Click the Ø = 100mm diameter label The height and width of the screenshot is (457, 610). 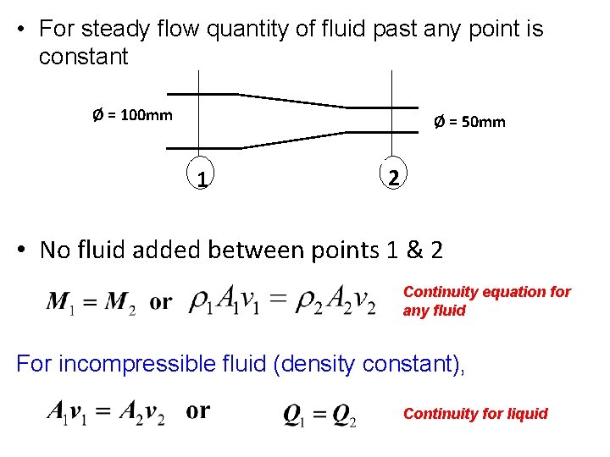pos(131,114)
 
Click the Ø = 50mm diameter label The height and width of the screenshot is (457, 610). pos(469,122)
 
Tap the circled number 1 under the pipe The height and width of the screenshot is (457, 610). pos(201,179)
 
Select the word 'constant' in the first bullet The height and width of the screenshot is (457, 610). pos(83,58)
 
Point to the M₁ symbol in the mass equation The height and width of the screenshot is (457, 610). pos(60,302)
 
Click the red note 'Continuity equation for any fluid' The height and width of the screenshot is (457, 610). pos(486,300)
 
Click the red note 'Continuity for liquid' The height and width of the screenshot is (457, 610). pos(475,414)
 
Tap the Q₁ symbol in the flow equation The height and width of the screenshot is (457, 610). pos(293,416)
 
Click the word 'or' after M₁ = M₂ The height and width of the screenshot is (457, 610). pos(161,302)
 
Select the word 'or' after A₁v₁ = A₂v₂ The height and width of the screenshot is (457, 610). pos(198,411)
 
